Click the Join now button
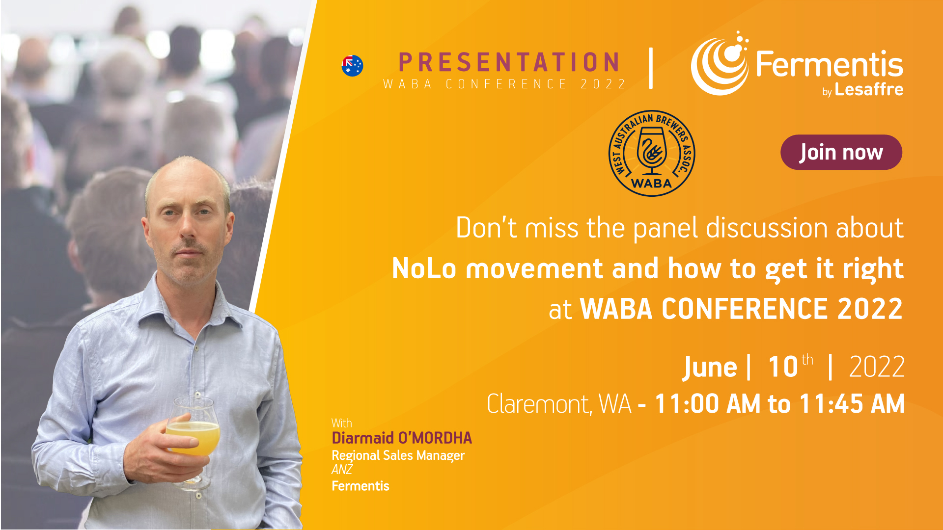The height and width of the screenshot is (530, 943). pos(841,152)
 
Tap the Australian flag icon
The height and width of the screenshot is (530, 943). pos(352,66)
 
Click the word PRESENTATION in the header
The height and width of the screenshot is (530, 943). pos(509,62)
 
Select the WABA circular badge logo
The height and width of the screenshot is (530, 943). pos(652,153)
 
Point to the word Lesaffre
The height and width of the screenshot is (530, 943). pos(869,89)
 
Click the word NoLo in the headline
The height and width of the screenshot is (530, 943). pos(424,269)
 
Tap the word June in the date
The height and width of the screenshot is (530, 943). pos(710,367)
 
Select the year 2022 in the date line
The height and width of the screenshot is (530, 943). pos(877,367)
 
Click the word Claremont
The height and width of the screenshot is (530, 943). pos(539,404)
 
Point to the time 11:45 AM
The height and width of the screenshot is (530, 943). pos(852,404)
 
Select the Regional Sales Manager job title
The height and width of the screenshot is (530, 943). pos(398,456)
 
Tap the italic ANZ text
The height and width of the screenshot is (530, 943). pos(342,470)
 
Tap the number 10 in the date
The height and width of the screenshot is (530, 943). pos(783,367)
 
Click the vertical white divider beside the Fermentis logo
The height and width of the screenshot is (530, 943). pos(651,68)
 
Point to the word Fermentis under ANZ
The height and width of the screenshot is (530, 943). pos(361,486)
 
